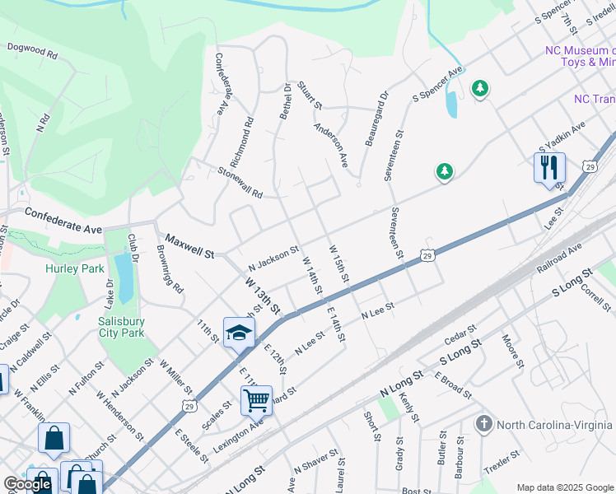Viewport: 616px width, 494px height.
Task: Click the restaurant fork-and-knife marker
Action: (549, 169)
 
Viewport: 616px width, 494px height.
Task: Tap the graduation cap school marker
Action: (239, 333)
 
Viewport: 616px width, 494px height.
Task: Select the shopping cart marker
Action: (256, 401)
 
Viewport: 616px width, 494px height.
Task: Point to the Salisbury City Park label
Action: (122, 327)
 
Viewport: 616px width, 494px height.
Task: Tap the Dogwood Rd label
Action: (32, 51)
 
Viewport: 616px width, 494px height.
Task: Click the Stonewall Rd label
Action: (240, 183)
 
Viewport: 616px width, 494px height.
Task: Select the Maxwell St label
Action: (189, 245)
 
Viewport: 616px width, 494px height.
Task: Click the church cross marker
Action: (484, 424)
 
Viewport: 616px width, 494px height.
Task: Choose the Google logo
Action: (27, 484)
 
